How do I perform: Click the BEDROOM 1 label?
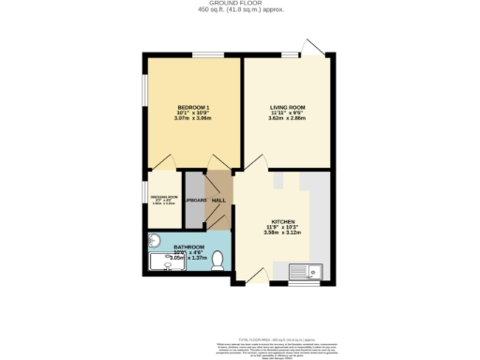[193, 108]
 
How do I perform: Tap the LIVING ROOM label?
[286, 108]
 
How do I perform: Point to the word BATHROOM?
[188, 247]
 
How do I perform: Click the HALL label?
[218, 201]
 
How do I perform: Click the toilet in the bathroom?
[217, 264]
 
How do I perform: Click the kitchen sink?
[316, 273]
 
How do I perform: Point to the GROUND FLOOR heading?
[240, 4]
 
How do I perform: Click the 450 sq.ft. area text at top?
[240, 10]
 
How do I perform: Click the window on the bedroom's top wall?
[202, 55]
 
